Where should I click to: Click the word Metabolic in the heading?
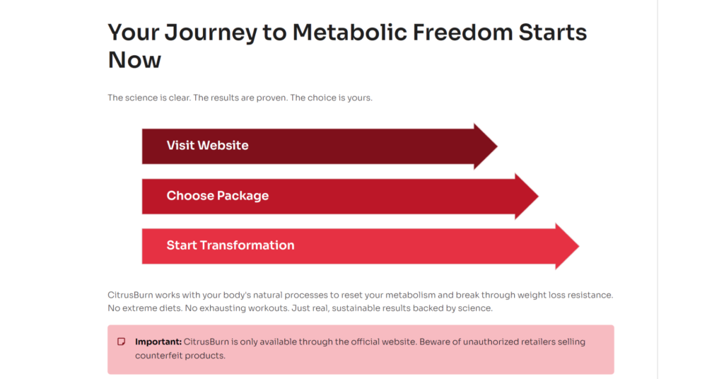pyautogui.click(x=349, y=33)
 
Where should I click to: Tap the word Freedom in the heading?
pyautogui.click(x=462, y=33)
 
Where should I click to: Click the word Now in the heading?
pyautogui.click(x=134, y=60)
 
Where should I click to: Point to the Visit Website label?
pyautogui.click(x=207, y=146)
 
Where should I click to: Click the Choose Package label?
pyautogui.click(x=218, y=196)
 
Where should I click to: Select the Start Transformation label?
pyautogui.click(x=230, y=245)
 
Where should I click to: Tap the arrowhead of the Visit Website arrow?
pyautogui.click(x=497, y=146)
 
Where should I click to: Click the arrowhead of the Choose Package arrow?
pyautogui.click(x=538, y=196)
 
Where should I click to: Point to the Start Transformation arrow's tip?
pyautogui.click(x=578, y=246)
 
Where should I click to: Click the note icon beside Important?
pyautogui.click(x=122, y=342)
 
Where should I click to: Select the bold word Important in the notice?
pyautogui.click(x=158, y=342)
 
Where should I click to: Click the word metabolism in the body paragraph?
pyautogui.click(x=411, y=295)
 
